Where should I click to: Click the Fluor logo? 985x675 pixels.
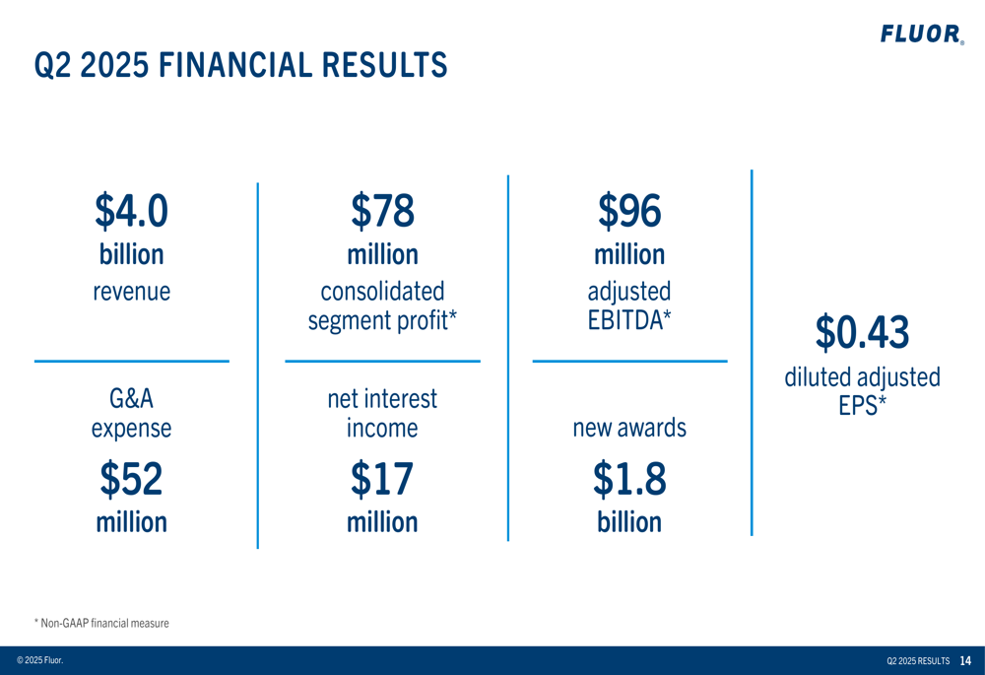(x=921, y=35)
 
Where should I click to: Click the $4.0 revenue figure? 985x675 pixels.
(x=131, y=209)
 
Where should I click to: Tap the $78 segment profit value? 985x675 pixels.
(x=382, y=209)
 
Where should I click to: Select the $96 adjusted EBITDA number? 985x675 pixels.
(x=629, y=209)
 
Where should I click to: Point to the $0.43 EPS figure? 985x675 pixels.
(x=862, y=332)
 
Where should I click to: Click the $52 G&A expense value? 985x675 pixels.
(x=131, y=479)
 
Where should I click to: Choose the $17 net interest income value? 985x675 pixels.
(x=382, y=479)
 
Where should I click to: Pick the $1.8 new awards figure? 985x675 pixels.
(x=629, y=479)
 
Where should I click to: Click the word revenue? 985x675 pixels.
(x=131, y=292)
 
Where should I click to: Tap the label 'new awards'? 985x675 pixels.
(x=629, y=429)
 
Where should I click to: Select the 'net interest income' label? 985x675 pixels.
(x=382, y=414)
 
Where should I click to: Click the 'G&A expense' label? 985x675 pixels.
(x=131, y=414)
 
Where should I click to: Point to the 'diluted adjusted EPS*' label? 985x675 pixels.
(x=862, y=390)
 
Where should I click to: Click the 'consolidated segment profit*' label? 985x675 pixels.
(x=382, y=306)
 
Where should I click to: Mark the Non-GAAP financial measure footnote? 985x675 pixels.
(x=101, y=623)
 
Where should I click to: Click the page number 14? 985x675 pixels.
(x=965, y=660)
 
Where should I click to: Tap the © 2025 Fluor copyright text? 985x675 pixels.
(x=39, y=660)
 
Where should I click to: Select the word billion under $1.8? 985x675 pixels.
(x=629, y=521)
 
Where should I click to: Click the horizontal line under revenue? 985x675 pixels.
(x=131, y=362)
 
